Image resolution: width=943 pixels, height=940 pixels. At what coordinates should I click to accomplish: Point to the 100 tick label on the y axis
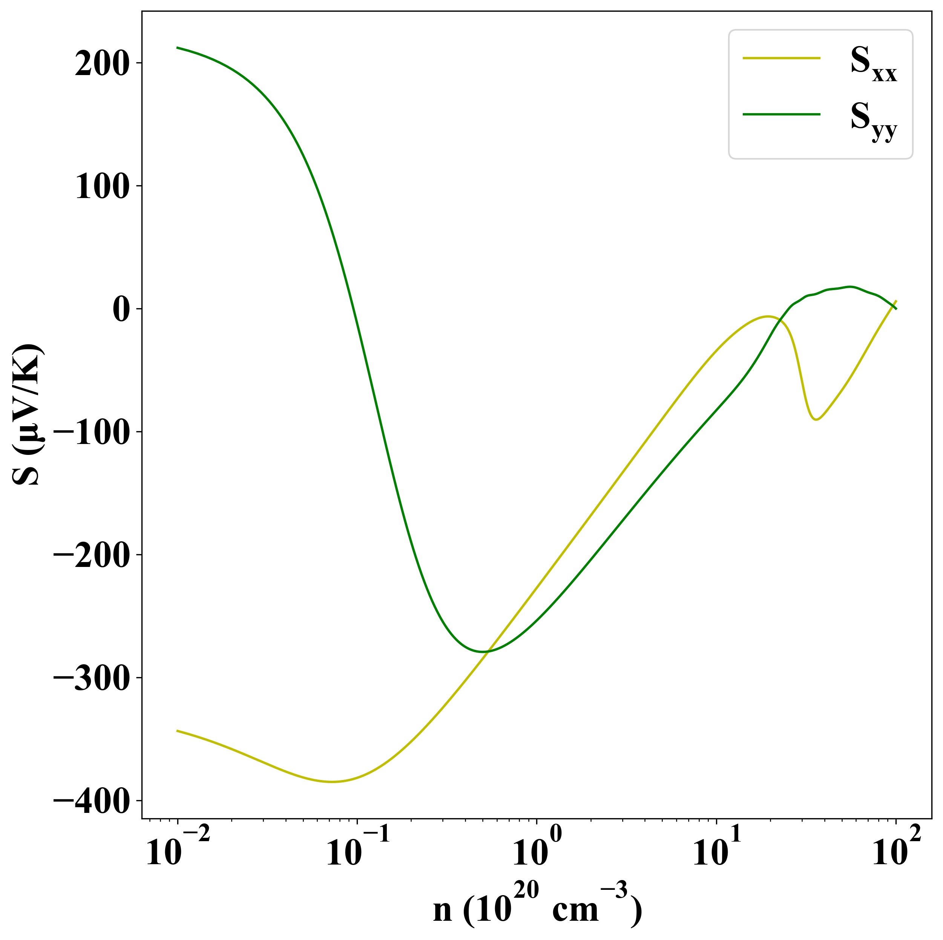pos(101,187)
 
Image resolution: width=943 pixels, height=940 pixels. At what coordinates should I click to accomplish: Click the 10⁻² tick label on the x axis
pos(178,850)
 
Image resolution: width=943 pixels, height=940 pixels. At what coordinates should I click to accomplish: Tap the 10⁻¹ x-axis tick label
pos(358,850)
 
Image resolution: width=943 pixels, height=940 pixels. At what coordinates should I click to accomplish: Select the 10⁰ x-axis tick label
pos(537,850)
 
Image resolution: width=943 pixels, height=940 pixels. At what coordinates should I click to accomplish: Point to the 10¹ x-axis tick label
pos(716,850)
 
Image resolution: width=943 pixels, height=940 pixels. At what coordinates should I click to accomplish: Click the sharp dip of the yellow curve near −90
pos(816,419)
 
